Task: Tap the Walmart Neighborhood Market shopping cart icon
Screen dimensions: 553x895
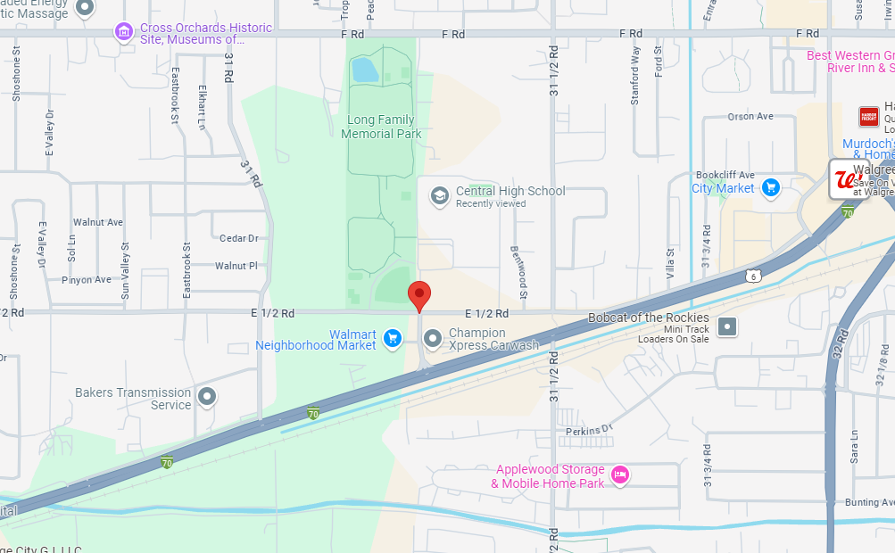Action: point(392,338)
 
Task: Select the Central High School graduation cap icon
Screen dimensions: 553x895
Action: point(439,196)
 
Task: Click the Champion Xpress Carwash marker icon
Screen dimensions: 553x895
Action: point(433,338)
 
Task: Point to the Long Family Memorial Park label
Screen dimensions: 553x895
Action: point(381,127)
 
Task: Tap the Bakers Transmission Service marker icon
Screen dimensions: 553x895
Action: point(207,397)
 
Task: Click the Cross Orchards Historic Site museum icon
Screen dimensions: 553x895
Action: point(124,33)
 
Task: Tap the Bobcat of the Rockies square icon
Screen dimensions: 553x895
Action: point(728,326)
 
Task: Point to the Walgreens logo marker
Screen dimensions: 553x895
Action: point(844,179)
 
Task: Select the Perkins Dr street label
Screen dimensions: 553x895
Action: point(589,430)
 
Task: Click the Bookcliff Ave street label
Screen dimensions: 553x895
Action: point(725,175)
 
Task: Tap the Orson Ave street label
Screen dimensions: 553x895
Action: point(750,117)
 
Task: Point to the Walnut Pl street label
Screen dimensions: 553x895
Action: point(236,266)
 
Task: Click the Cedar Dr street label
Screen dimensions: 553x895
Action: point(239,238)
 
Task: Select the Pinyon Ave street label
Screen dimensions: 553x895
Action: point(87,280)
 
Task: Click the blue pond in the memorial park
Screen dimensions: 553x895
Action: point(365,69)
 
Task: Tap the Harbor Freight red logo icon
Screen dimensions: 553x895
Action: point(868,117)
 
